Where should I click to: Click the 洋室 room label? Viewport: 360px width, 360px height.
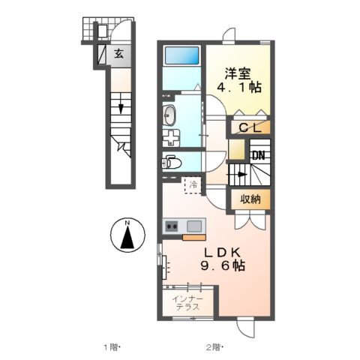point(239,74)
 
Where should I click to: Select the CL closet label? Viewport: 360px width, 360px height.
point(249,128)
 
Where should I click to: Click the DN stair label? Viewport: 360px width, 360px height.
point(258,156)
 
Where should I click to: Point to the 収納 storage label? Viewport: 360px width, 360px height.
point(250,199)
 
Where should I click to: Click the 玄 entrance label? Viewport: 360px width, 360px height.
point(118,54)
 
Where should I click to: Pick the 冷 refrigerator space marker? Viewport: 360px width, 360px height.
point(193,184)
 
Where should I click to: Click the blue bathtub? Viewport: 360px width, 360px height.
point(181,56)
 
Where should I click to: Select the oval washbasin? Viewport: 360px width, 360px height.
point(169,114)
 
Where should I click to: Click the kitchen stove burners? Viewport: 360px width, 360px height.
point(172,225)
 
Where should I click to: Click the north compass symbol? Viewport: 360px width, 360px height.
point(128,235)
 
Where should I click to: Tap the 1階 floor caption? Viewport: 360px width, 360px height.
point(112,347)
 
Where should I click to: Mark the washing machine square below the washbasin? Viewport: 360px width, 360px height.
point(172,138)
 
